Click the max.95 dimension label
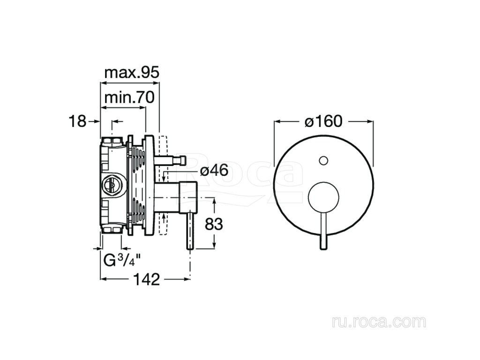[132, 73]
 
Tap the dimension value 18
[78, 121]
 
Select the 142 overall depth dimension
[146, 280]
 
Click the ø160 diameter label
[323, 121]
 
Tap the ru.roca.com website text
[378, 322]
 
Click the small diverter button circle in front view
[323, 161]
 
